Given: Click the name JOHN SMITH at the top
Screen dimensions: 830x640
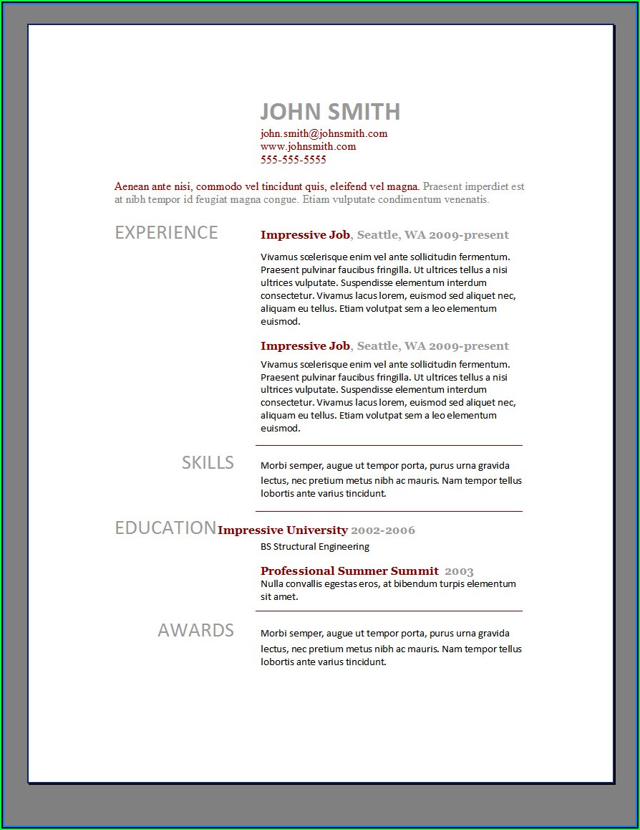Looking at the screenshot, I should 329,112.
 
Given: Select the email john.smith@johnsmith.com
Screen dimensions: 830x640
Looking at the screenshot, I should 324,133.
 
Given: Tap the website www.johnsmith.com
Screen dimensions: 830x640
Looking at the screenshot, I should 308,146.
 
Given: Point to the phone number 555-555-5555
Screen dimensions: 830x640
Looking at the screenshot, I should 293,160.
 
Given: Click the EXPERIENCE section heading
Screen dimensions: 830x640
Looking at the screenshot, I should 166,233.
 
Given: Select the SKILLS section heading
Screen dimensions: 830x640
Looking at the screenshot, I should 208,463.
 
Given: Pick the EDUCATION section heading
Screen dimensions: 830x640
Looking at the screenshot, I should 165,528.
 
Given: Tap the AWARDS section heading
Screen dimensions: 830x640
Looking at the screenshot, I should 195,631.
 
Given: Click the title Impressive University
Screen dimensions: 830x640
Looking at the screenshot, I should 282,530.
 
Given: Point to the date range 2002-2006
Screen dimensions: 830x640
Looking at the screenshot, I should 383,530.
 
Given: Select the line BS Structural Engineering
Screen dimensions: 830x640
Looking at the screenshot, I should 314,547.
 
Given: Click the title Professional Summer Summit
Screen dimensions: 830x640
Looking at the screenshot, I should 349,571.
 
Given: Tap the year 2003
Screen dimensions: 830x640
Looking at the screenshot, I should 459,571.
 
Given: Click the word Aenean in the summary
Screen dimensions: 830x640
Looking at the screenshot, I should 131,186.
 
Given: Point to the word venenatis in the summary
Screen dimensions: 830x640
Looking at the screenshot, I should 465,199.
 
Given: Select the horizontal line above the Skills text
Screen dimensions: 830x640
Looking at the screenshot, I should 389,446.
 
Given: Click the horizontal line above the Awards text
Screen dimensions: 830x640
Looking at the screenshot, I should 389,611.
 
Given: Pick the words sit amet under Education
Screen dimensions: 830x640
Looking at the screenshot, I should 278,596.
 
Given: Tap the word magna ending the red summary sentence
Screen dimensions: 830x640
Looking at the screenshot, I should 403,186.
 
